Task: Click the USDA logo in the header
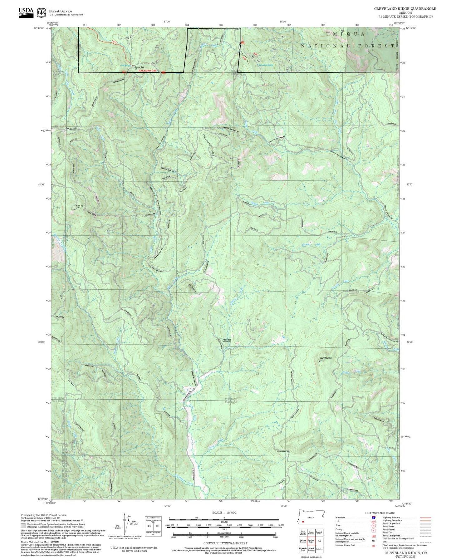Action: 26,12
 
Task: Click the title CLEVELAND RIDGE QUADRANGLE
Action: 405,9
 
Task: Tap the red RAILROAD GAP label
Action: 147,71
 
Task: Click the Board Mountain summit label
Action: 326,358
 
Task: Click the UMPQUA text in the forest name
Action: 345,34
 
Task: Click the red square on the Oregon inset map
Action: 303,521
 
